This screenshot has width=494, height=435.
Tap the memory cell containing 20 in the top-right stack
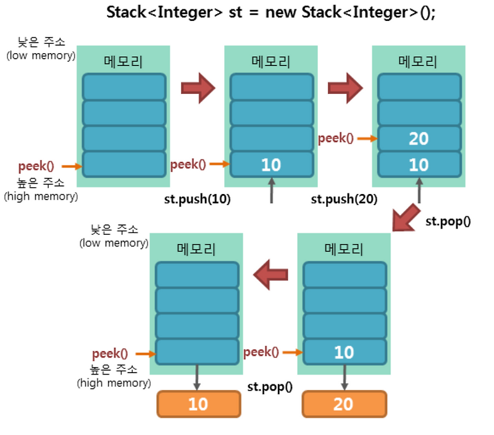(x=419, y=138)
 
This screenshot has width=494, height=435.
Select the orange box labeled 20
(x=344, y=404)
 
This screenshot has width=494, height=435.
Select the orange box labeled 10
(x=198, y=404)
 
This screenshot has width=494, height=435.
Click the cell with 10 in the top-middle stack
(x=271, y=164)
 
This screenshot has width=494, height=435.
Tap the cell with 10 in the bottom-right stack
(x=344, y=352)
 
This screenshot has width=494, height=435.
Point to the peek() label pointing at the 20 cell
(x=336, y=138)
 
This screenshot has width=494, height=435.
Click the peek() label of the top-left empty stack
(x=36, y=166)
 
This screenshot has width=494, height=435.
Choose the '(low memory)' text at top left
(x=41, y=56)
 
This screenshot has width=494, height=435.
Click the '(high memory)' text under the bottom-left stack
(x=114, y=383)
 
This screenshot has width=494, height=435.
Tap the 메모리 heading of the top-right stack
(x=418, y=62)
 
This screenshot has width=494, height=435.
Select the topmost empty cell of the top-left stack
(x=124, y=87)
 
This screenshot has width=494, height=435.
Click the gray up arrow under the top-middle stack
(x=271, y=191)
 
